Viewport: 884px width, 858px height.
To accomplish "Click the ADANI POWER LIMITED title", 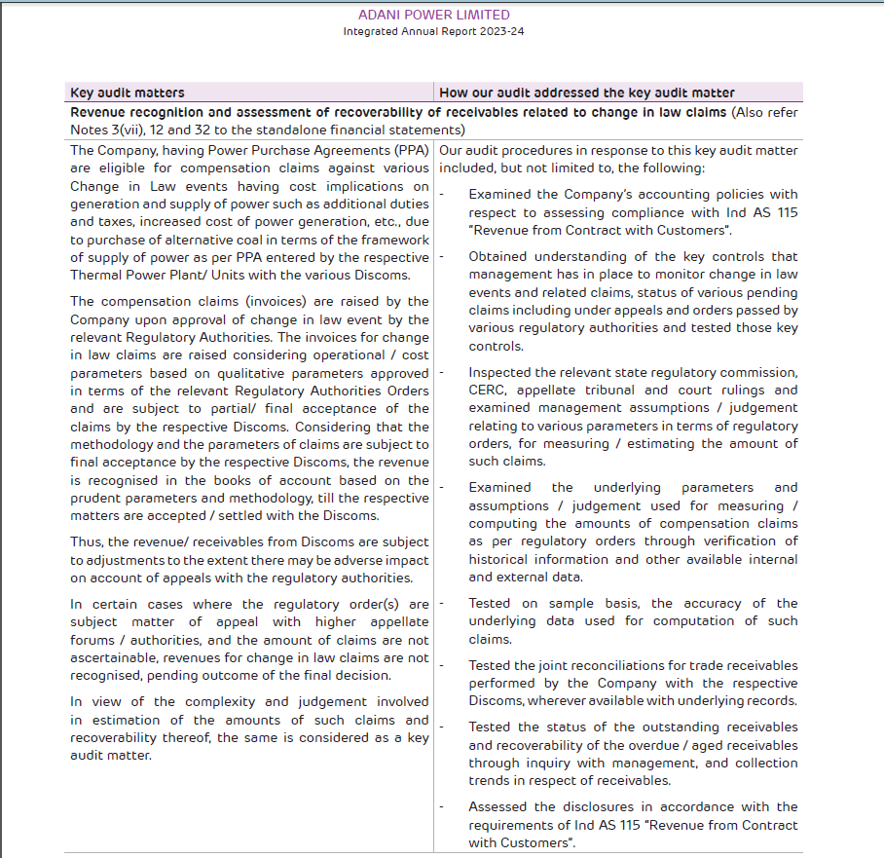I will pos(433,15).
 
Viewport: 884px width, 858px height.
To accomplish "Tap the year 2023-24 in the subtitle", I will pos(500,31).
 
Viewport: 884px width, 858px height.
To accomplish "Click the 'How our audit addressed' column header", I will pos(587,93).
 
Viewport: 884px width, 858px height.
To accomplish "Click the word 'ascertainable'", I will pos(117,657).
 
